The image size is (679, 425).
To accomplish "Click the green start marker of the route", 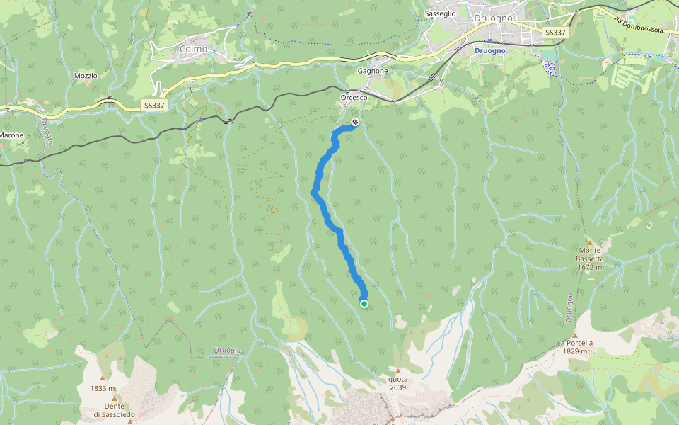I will point(364,304).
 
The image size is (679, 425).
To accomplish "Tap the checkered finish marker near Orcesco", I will point(355,123).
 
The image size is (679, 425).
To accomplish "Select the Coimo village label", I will point(193,49).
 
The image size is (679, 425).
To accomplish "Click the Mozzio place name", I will point(86,75).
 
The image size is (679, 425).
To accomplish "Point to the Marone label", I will point(11,135).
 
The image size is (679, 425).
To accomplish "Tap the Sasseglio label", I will point(440,13).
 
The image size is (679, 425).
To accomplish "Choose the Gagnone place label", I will point(373,71).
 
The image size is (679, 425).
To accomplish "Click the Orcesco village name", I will point(354,98).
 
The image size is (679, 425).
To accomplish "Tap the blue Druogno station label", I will point(489,51).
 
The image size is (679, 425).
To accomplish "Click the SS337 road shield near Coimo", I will point(155,105).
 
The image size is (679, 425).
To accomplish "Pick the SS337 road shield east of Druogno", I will point(556,33).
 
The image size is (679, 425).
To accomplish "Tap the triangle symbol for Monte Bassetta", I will point(589,242).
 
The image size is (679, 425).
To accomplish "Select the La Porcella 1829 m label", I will point(574,347).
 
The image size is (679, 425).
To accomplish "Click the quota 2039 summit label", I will point(397,383).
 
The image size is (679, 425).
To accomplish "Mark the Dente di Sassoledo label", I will point(114,410).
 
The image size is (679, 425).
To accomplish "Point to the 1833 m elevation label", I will point(102,388).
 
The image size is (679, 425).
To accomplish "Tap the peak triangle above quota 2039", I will point(397,370).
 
